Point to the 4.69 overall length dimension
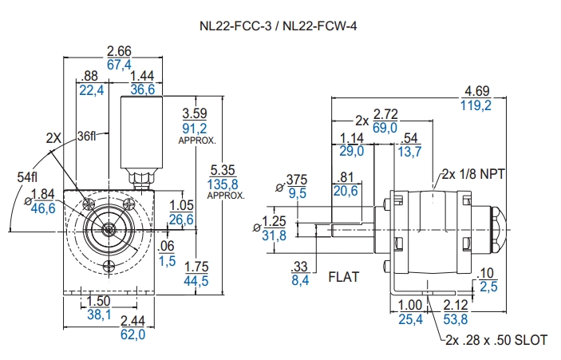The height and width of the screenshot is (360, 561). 478,91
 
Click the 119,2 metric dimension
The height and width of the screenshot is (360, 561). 478,105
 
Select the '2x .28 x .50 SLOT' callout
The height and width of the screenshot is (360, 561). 496,340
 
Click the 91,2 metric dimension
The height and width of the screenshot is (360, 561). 195,128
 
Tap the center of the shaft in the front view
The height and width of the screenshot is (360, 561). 107,228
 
